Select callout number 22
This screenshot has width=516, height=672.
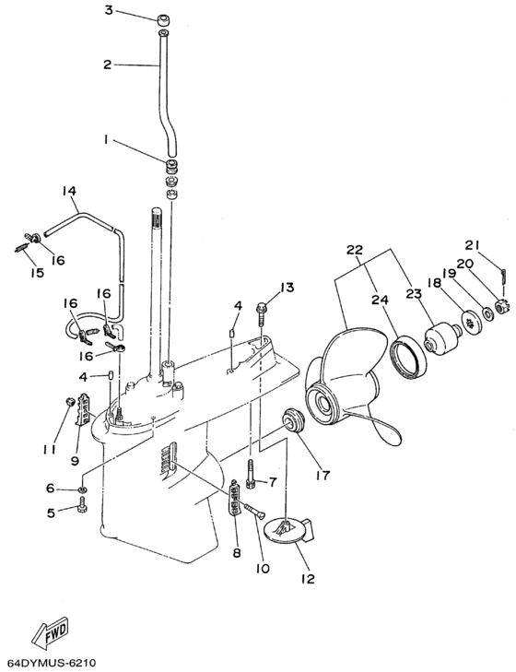click(x=355, y=250)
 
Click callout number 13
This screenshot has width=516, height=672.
click(x=287, y=287)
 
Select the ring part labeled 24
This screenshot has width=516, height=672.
click(x=407, y=352)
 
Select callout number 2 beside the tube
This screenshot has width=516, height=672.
click(x=107, y=65)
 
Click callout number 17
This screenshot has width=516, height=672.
click(x=322, y=475)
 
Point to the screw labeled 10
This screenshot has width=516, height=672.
click(x=254, y=510)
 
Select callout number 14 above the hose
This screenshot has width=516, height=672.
click(x=69, y=190)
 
